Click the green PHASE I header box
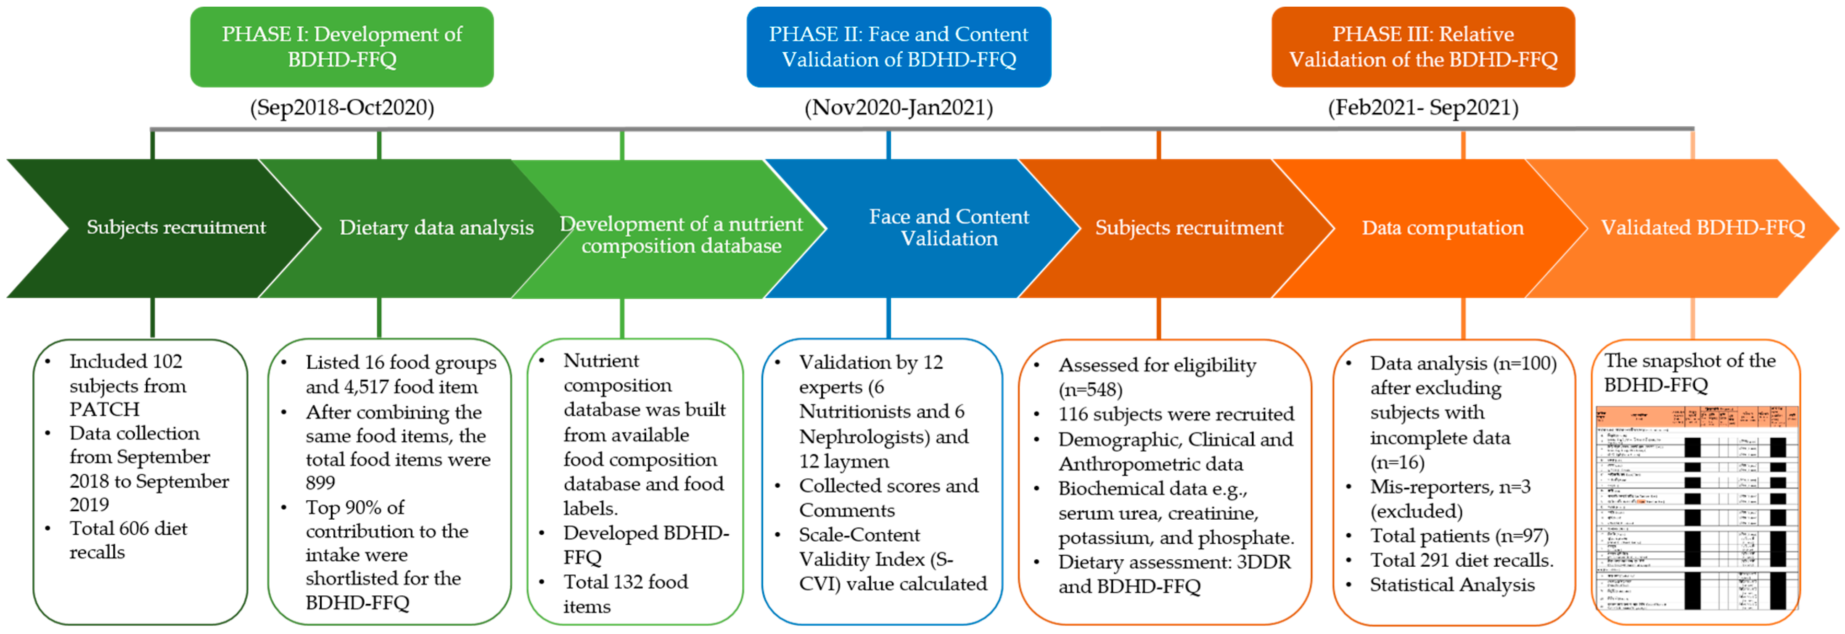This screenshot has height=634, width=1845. tap(342, 47)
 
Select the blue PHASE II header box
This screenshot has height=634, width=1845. tap(898, 47)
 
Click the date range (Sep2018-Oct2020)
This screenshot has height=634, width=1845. tap(342, 108)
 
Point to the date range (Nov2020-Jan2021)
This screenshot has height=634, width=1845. tap(898, 108)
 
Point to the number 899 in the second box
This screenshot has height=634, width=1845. tap(320, 483)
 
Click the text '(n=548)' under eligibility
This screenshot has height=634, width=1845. tap(1090, 390)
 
